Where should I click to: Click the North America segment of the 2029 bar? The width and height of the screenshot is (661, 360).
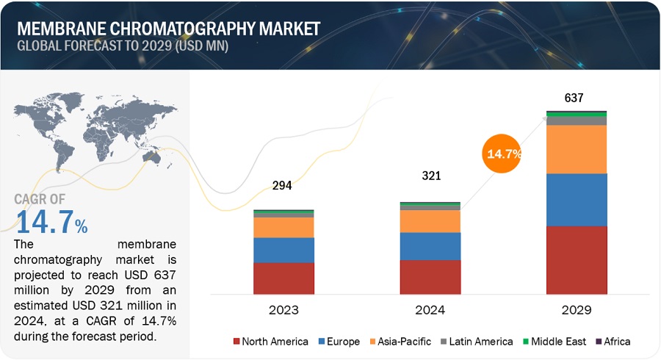[577, 259]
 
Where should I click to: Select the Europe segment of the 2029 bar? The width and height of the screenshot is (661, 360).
[577, 199]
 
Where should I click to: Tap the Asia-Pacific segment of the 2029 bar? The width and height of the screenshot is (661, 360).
[577, 149]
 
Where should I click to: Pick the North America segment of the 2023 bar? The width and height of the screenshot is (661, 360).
[283, 278]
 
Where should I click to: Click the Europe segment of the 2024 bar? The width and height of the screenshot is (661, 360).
[430, 246]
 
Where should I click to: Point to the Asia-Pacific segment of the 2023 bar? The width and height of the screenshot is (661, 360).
[283, 227]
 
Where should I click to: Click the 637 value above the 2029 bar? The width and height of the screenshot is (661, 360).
[574, 98]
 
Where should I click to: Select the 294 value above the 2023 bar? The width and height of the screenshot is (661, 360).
[282, 185]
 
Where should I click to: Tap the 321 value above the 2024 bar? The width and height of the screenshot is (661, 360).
[430, 176]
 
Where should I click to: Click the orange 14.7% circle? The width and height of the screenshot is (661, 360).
[503, 154]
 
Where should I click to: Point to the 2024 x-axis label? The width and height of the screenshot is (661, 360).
[430, 310]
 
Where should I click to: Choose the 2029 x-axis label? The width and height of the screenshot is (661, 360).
[577, 310]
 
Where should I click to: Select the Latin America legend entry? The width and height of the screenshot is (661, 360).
[477, 341]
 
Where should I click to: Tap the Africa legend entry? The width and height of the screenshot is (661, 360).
[614, 341]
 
